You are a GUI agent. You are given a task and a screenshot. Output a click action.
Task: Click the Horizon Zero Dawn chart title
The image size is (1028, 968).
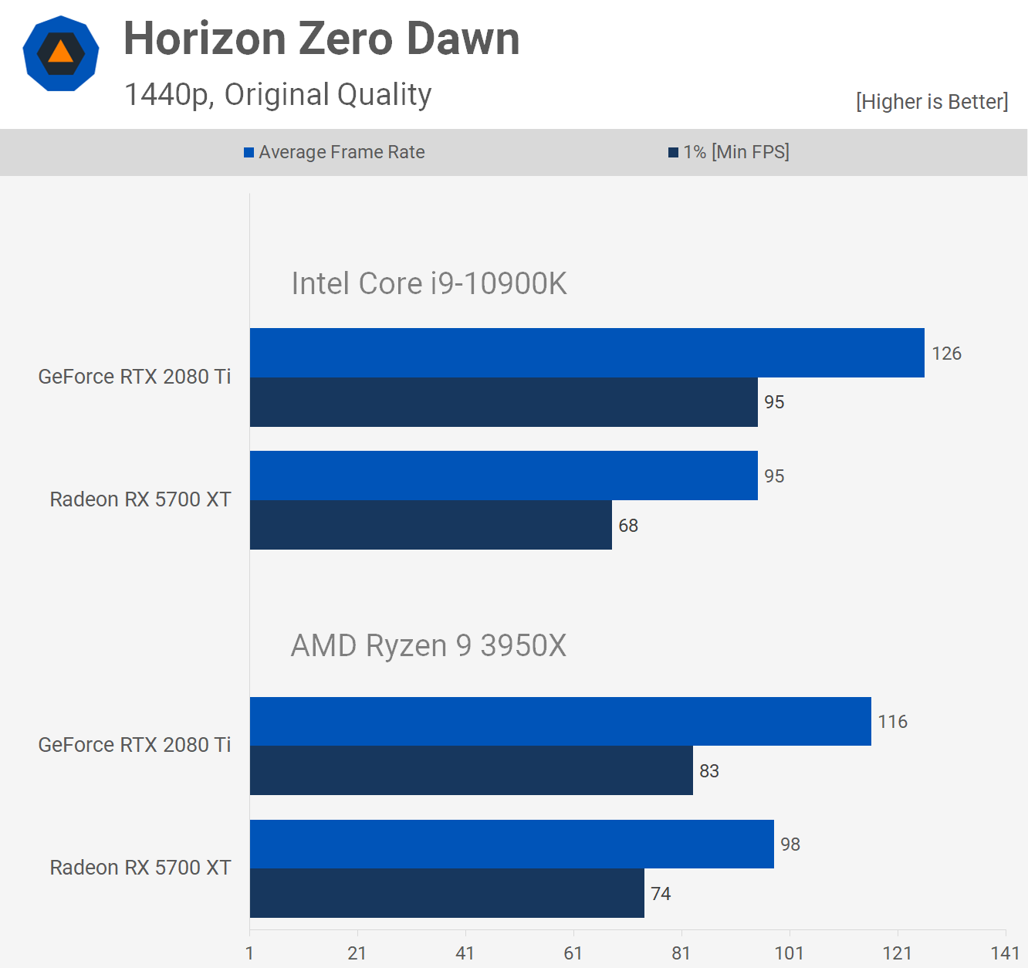(x=321, y=39)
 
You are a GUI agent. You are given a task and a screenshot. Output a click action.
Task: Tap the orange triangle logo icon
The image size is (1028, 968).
(x=60, y=53)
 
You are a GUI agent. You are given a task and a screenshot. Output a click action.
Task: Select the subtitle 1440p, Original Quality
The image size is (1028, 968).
(x=278, y=95)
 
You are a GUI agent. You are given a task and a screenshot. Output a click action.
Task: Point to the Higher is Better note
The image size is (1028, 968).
(x=932, y=102)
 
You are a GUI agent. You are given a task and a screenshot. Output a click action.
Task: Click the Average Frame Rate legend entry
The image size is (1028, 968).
(x=334, y=152)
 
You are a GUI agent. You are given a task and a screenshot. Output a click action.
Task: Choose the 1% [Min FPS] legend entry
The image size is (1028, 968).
(x=729, y=152)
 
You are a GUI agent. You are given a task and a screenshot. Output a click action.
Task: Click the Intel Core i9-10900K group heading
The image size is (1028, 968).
(x=428, y=284)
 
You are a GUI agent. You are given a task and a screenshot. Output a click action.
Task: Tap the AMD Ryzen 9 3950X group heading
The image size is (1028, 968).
(x=428, y=645)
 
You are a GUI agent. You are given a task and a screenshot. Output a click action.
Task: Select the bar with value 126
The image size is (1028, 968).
(x=587, y=353)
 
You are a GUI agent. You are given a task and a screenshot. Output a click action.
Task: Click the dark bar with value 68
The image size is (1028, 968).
(x=431, y=525)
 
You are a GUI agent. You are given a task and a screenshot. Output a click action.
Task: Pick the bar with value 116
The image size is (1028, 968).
(x=560, y=721)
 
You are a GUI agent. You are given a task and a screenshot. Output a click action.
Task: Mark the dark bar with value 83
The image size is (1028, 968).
(x=471, y=770)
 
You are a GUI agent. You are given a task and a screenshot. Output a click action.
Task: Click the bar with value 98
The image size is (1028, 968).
(x=512, y=844)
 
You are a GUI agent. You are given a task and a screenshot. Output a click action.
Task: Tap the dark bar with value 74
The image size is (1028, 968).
(x=447, y=893)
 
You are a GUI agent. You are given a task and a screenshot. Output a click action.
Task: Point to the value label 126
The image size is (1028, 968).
(x=946, y=354)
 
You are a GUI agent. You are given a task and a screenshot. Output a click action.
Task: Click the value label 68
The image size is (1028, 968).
(x=628, y=526)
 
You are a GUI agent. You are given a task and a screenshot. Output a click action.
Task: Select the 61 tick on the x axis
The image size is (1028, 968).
(x=573, y=953)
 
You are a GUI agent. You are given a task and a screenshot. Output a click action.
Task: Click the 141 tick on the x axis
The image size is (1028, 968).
(x=1005, y=953)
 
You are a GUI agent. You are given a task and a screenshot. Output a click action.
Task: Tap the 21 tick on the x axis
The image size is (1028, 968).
(x=357, y=953)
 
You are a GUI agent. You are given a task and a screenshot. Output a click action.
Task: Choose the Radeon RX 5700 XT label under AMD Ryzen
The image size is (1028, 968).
(x=140, y=868)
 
